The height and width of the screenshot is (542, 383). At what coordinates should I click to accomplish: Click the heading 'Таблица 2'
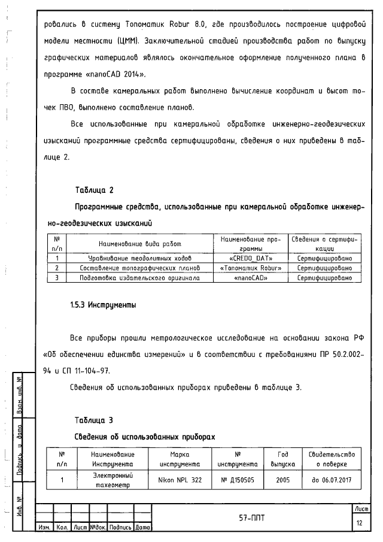(x=94, y=190)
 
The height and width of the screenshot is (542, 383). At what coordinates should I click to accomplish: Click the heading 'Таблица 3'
(x=94, y=419)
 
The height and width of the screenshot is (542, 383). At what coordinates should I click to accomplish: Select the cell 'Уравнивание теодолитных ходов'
(x=139, y=258)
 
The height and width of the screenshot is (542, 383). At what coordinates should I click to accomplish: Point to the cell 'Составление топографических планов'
(x=139, y=268)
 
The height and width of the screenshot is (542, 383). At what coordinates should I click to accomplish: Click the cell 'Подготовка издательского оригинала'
(x=139, y=278)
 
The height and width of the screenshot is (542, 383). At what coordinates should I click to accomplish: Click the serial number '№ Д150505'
(x=237, y=480)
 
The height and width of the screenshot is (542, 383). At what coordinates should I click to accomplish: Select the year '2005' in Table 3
(x=283, y=480)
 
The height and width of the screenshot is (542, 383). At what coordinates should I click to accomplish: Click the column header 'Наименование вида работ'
(x=139, y=244)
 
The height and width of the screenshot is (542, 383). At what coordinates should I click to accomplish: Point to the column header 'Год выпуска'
(x=283, y=459)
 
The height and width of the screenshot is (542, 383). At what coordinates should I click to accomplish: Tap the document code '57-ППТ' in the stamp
(x=252, y=516)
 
